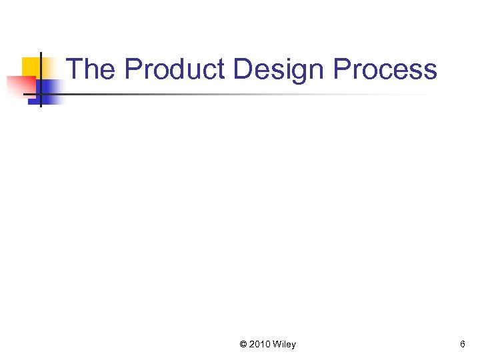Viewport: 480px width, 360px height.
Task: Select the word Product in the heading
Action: point(175,69)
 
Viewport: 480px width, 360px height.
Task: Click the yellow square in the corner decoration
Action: point(31,66)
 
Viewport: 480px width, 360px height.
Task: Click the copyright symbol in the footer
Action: point(243,345)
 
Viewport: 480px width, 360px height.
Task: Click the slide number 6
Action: point(462,345)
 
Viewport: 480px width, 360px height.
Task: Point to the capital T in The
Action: point(75,69)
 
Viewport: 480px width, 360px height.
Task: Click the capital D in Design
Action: point(243,69)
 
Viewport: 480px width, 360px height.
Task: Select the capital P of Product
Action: point(133,69)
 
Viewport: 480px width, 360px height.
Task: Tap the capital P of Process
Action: point(342,69)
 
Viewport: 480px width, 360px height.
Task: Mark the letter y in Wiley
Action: point(293,346)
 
